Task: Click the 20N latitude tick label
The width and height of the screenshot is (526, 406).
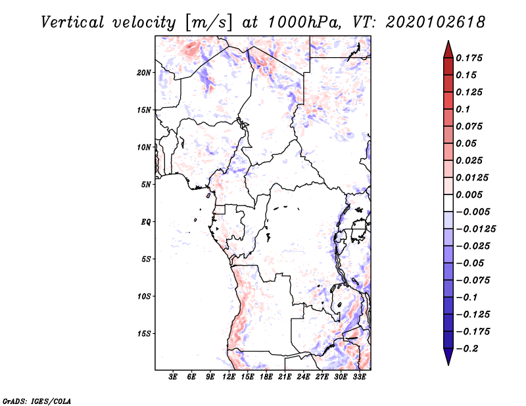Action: click(144, 72)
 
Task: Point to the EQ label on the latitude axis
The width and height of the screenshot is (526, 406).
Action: click(146, 222)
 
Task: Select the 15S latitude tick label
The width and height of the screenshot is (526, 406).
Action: click(144, 334)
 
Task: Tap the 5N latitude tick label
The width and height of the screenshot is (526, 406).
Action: click(146, 185)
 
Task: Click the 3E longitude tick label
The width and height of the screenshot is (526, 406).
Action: click(174, 378)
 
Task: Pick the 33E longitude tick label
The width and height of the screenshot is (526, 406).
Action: click(359, 378)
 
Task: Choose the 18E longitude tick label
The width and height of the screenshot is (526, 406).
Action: click(266, 378)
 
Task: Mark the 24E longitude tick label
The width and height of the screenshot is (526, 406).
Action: click(303, 378)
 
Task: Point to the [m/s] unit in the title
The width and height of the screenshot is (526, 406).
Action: click(208, 22)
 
